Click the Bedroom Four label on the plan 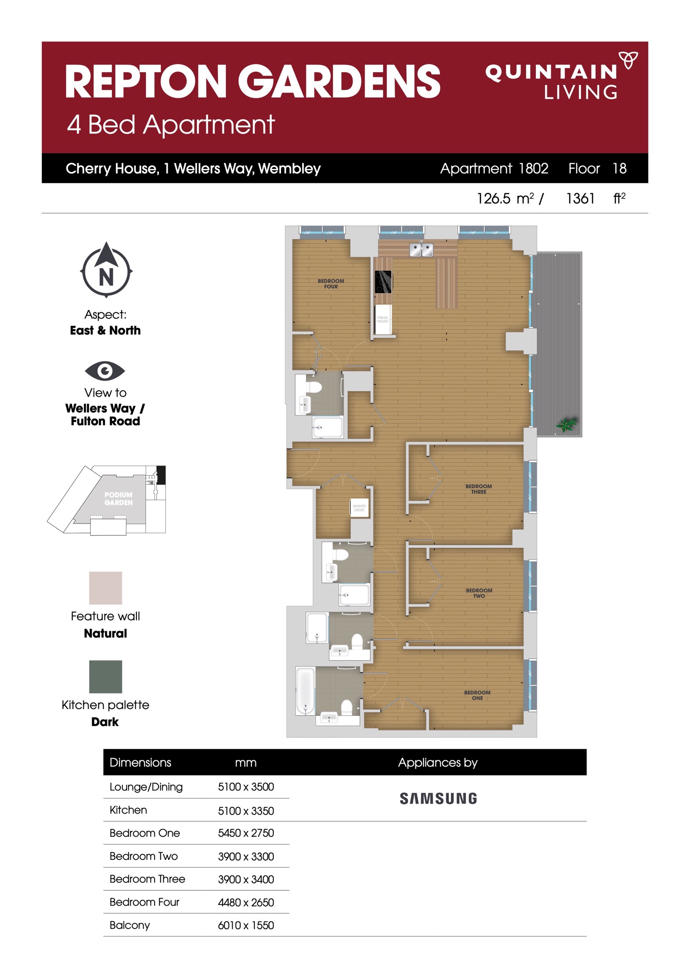pos(331,283)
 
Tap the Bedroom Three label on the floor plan pos(478,489)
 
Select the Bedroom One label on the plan pos(477,695)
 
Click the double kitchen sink pos(421,250)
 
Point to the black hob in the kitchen pos(384,282)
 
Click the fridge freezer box pos(383,319)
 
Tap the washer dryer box pos(359,508)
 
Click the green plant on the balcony pos(567,425)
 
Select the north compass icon pos(106,270)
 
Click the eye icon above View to pos(105,371)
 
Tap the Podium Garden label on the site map pos(118,498)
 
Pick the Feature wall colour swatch pos(106,588)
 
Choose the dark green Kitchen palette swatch pos(106,676)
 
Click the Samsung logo pos(438,799)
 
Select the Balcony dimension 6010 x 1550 pos(246,925)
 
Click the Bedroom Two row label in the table pos(144,856)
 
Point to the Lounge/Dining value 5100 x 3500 pos(246,787)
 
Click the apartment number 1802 pos(533,168)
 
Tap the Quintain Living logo pos(559,77)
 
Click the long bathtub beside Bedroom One pos(305,690)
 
